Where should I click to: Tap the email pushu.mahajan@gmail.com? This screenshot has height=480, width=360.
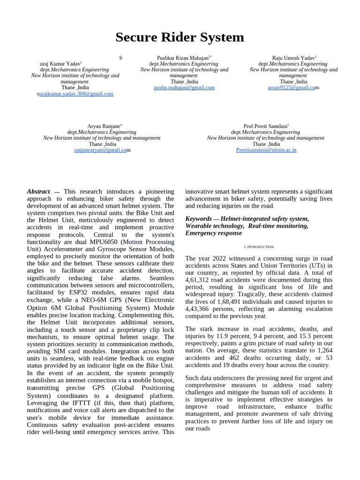point(184,88)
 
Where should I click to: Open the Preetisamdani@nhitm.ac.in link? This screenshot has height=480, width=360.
point(266,150)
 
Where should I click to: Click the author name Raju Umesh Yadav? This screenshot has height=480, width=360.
point(292,58)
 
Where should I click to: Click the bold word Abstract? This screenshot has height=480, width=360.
point(38,192)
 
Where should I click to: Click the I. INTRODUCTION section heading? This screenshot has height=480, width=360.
point(259,247)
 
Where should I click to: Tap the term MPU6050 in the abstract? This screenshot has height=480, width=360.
point(105,242)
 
